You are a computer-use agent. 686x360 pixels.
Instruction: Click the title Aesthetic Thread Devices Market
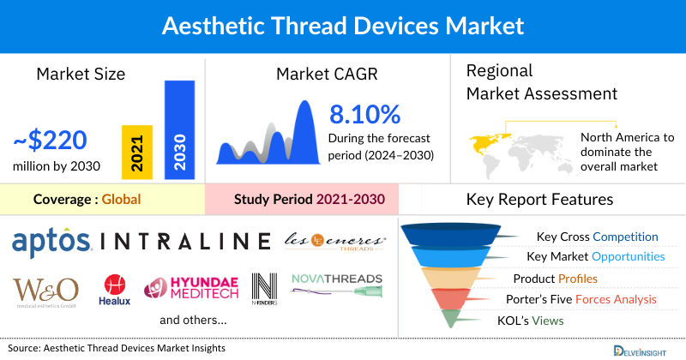[343, 26]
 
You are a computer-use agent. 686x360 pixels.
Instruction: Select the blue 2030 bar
[179, 130]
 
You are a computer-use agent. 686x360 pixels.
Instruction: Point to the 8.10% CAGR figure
[365, 114]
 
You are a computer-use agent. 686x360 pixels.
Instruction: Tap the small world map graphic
[514, 147]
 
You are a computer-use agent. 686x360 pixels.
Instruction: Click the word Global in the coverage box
[121, 200]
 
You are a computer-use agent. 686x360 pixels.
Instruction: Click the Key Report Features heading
[539, 200]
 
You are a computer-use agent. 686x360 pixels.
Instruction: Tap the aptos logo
[51, 242]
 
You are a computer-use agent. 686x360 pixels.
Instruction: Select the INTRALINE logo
[185, 241]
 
